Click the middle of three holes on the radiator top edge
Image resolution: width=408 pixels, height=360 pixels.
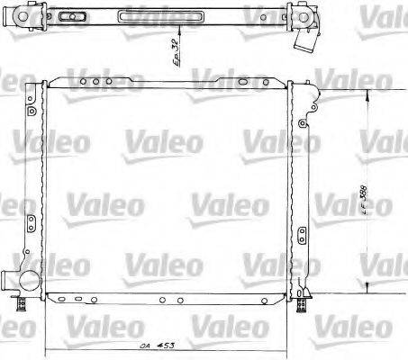(x=95, y=83)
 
